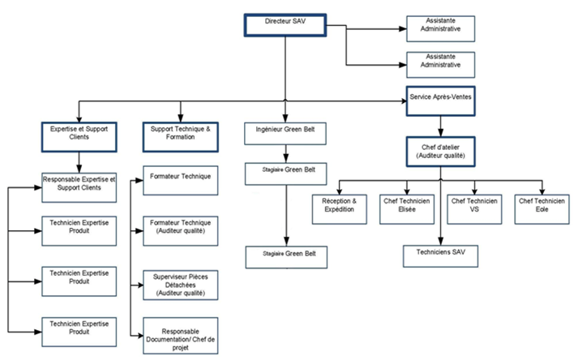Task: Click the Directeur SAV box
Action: (x=285, y=24)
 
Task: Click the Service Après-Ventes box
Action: (x=439, y=100)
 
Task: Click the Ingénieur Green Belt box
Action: (x=285, y=134)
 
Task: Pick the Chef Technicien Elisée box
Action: (x=408, y=208)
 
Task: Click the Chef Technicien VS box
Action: (x=474, y=208)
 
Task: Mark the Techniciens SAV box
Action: (x=439, y=255)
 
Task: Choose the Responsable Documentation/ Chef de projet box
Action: (x=182, y=336)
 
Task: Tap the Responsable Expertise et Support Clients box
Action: (x=79, y=186)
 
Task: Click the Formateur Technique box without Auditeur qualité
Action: (x=182, y=181)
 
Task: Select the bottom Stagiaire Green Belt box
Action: (x=285, y=256)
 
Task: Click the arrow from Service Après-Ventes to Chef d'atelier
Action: (x=439, y=124)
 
